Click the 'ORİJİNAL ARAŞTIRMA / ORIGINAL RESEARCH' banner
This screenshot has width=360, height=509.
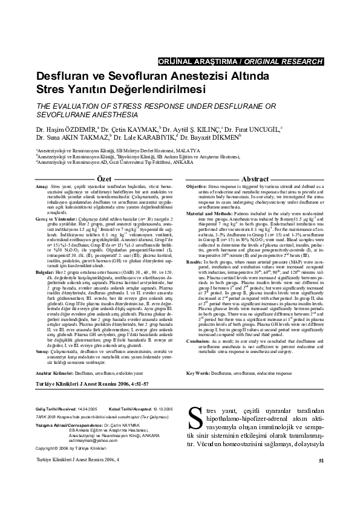[x=240, y=62]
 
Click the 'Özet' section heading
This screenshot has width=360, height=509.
[x=104, y=163]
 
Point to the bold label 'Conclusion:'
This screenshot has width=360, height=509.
[x=198, y=324]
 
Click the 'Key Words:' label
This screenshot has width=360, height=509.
[x=197, y=356]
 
